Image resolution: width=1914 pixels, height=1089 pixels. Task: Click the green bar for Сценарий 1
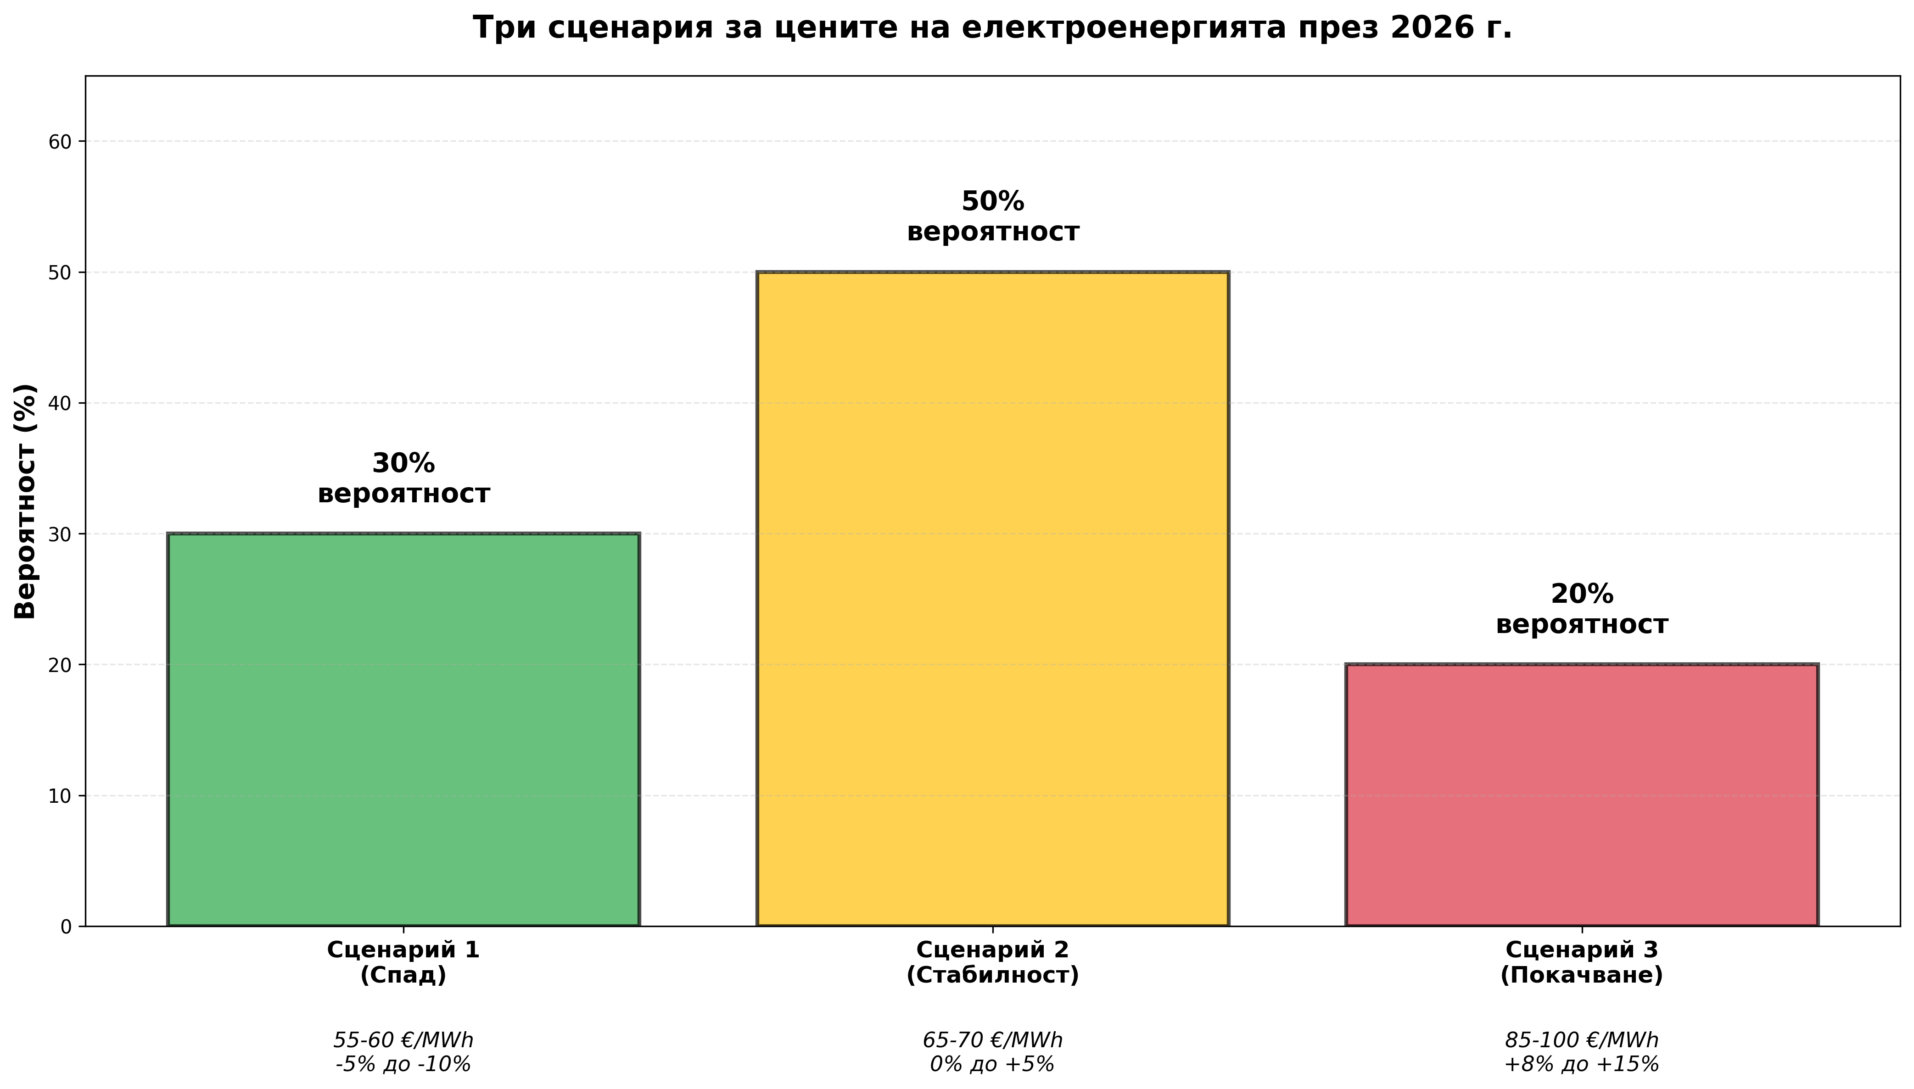coord(403,729)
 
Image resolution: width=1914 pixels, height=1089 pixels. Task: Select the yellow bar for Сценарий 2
coord(992,598)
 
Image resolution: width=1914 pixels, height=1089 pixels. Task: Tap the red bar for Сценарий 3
coord(1581,795)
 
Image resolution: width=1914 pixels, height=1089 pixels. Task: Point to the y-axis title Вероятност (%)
coord(25,501)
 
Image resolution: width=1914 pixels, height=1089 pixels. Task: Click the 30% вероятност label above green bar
coord(403,479)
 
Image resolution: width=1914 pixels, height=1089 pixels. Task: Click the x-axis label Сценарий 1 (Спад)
coord(403,962)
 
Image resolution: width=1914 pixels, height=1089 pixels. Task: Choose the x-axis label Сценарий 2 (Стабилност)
coord(992,962)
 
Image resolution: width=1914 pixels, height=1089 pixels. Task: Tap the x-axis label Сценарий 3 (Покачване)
coord(1581,962)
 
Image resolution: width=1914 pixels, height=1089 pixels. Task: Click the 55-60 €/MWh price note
coord(403,1040)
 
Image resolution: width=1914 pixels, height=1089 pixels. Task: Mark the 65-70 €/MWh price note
coord(992,1040)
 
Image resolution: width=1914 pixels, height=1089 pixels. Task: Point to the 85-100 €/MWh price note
coord(1581,1040)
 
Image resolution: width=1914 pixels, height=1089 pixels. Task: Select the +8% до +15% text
coord(1581,1064)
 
